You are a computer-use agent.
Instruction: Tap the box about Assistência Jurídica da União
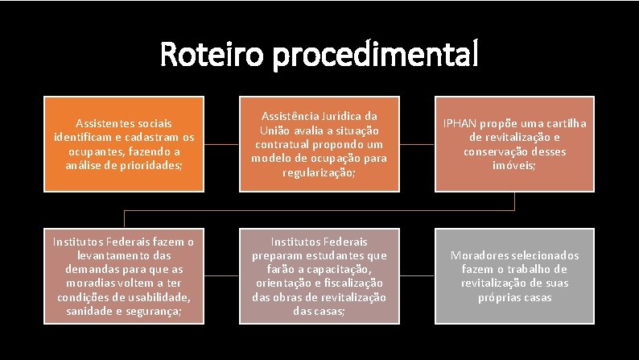coord(319,144)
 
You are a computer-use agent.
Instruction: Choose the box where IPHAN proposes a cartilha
coord(515,144)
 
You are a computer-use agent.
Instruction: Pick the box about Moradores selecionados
coord(515,276)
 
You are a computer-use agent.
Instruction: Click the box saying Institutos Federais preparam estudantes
coord(319,276)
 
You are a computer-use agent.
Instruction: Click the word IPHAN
coord(460,123)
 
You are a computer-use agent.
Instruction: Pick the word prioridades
coord(158,165)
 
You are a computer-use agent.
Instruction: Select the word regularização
coord(319,172)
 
